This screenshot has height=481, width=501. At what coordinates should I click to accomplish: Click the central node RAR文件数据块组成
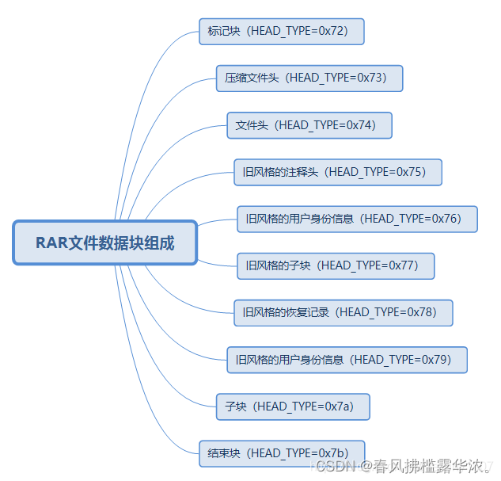pyautogui.click(x=104, y=242)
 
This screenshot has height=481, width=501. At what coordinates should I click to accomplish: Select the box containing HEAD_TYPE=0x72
pyautogui.click(x=281, y=32)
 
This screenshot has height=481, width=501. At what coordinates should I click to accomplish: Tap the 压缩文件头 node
pyautogui.click(x=309, y=78)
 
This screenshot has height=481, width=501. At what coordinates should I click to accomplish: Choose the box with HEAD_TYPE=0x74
pyautogui.click(x=309, y=125)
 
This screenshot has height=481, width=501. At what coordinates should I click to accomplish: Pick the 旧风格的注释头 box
pyautogui.click(x=337, y=172)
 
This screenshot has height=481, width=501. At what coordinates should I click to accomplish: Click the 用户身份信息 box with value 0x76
pyautogui.click(x=357, y=219)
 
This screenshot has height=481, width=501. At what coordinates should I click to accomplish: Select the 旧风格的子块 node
pyautogui.click(x=336, y=265)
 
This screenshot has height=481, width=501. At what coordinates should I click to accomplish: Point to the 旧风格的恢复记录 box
pyautogui.click(x=343, y=312)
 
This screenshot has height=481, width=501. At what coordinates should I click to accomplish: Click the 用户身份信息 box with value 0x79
pyautogui.click(x=347, y=360)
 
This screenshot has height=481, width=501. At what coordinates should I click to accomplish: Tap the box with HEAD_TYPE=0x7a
pyautogui.click(x=292, y=407)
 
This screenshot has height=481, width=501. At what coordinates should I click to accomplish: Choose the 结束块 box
pyautogui.click(x=281, y=453)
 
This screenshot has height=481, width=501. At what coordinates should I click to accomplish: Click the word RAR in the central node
pyautogui.click(x=51, y=242)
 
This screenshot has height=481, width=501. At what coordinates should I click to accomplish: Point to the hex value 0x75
pyautogui.click(x=411, y=172)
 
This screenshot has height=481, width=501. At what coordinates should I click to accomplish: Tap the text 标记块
pyautogui.click(x=224, y=32)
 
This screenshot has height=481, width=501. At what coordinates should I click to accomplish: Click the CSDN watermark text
pyautogui.click(x=334, y=466)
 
